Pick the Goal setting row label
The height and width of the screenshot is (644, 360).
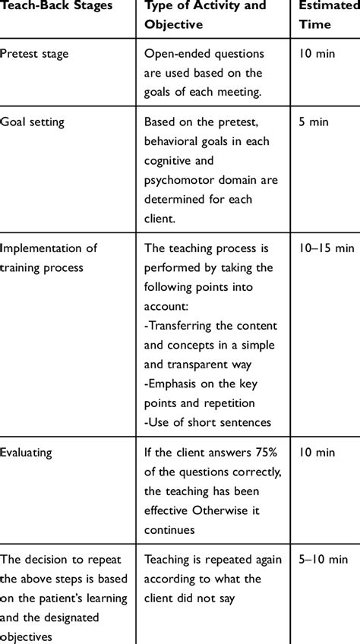point(33,122)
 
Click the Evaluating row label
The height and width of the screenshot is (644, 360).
point(27,452)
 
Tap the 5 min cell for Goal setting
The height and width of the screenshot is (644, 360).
point(314,122)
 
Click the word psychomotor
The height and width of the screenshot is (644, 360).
point(179,181)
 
